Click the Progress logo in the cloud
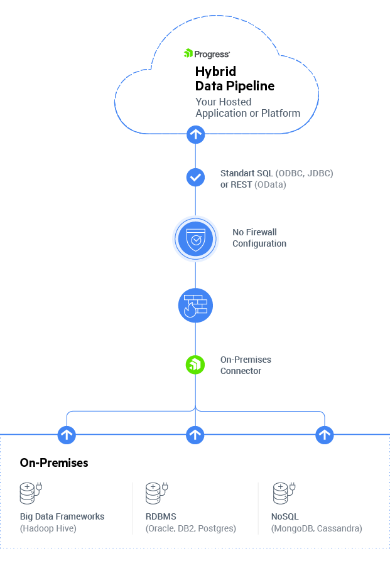tap(207, 54)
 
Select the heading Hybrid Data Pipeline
tap(234, 78)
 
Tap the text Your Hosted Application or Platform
tap(247, 107)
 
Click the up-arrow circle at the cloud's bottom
tap(195, 134)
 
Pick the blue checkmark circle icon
tap(195, 178)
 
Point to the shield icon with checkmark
tap(195, 238)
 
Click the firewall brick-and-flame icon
tap(195, 306)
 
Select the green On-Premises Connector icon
tap(195, 365)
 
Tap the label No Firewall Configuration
tap(259, 238)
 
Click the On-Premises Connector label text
tap(246, 365)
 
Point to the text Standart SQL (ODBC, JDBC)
tap(276, 173)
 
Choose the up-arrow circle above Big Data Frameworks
tap(67, 434)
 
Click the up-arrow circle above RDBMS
tap(195, 434)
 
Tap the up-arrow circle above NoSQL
tap(324, 434)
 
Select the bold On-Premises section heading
tap(54, 463)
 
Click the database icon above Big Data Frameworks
tap(30, 493)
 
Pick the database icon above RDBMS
tap(156, 493)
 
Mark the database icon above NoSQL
tap(283, 493)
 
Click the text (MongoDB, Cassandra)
tap(317, 529)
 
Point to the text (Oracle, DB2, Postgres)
tap(191, 529)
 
